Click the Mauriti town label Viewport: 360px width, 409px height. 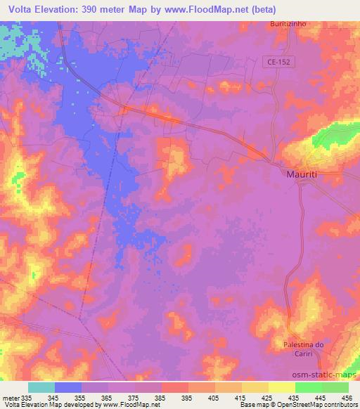click(304, 173)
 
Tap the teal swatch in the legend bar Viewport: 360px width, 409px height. click(41, 387)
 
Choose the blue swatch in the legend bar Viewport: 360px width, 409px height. click(68, 387)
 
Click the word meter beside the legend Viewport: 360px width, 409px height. click(9, 397)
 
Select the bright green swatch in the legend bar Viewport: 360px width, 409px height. click(309, 387)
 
